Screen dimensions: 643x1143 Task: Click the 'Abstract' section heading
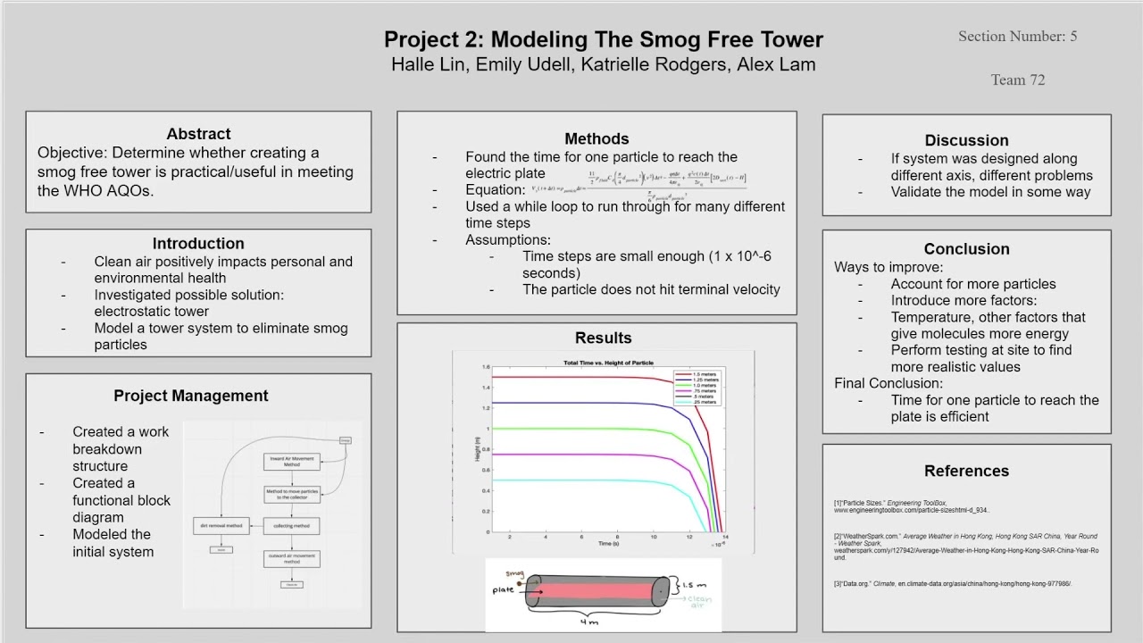[198, 134]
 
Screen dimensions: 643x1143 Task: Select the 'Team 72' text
[1017, 79]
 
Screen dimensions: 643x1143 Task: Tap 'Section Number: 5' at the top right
[1017, 37]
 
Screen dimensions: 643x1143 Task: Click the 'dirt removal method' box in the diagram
[221, 525]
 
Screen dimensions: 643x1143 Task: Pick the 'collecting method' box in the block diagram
[292, 525]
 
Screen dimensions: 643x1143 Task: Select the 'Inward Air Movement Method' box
[292, 462]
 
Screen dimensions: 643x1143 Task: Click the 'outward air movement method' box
[292, 558]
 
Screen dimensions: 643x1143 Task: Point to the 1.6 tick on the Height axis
[486, 367]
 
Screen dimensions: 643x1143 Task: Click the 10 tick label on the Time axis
[653, 538]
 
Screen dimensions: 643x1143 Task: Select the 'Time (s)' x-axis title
[608, 543]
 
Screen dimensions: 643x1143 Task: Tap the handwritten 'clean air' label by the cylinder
[699, 601]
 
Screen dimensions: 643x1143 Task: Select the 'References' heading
[966, 472]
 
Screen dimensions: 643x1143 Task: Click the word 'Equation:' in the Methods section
[495, 190]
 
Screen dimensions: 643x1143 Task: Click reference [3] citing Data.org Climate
[952, 584]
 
